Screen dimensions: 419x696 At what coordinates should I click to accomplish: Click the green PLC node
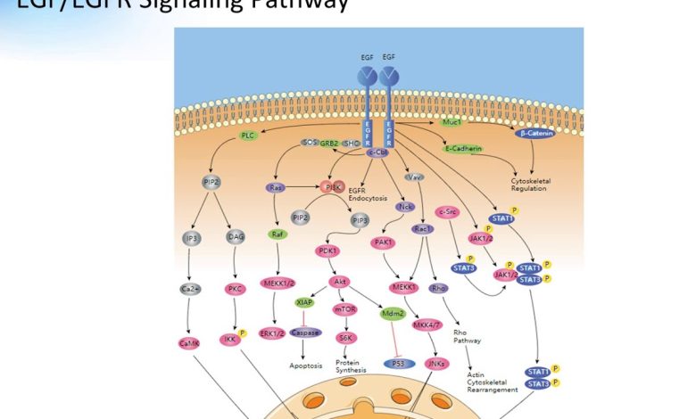coord(248,136)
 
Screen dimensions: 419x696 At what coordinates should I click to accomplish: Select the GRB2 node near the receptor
coord(331,143)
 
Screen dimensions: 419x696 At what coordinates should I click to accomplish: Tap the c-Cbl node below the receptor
coord(378,153)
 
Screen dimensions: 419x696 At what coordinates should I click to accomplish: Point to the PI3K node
coord(333,187)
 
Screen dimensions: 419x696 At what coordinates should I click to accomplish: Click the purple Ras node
coord(276,188)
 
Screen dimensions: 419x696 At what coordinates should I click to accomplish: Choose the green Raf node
coord(276,234)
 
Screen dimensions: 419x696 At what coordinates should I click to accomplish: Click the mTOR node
coord(344,309)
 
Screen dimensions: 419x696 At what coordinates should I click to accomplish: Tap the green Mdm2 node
coord(394,314)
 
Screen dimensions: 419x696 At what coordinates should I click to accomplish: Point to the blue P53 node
coord(394,364)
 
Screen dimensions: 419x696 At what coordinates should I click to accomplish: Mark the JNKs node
coord(436,364)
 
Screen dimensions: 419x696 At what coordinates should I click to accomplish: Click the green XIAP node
coord(304,303)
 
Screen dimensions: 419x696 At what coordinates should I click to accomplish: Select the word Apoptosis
coord(305,366)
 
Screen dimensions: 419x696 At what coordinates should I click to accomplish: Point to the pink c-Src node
coord(447,211)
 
